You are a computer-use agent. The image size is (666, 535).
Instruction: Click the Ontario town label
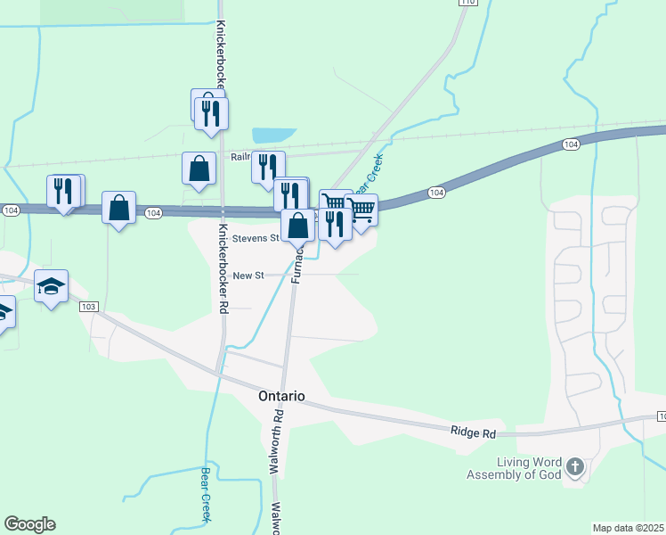coord(281,396)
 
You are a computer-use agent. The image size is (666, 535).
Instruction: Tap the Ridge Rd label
coord(472,432)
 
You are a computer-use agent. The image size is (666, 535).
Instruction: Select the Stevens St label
coord(256,239)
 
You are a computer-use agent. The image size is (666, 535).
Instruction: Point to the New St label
coord(248,276)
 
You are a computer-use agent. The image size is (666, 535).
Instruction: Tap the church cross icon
coord(575,466)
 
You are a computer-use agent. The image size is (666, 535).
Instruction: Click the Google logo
coord(29,524)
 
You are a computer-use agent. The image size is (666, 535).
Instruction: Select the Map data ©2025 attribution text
coord(629,528)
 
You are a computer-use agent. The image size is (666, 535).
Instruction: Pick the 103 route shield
coord(87,307)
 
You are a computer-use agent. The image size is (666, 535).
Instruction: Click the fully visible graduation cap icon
coord(52,286)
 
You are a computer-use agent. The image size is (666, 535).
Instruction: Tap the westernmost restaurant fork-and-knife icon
coord(62,191)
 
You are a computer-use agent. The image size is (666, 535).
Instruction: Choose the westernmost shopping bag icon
coord(118,208)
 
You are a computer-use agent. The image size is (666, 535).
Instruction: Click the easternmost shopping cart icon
coord(361,210)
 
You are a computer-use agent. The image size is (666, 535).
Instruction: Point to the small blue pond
coord(273,136)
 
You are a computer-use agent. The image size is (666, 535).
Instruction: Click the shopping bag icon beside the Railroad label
coord(199,168)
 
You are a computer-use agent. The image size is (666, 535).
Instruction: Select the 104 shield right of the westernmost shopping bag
coord(154,212)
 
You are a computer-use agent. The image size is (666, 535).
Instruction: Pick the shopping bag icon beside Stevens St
coord(298,225)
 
